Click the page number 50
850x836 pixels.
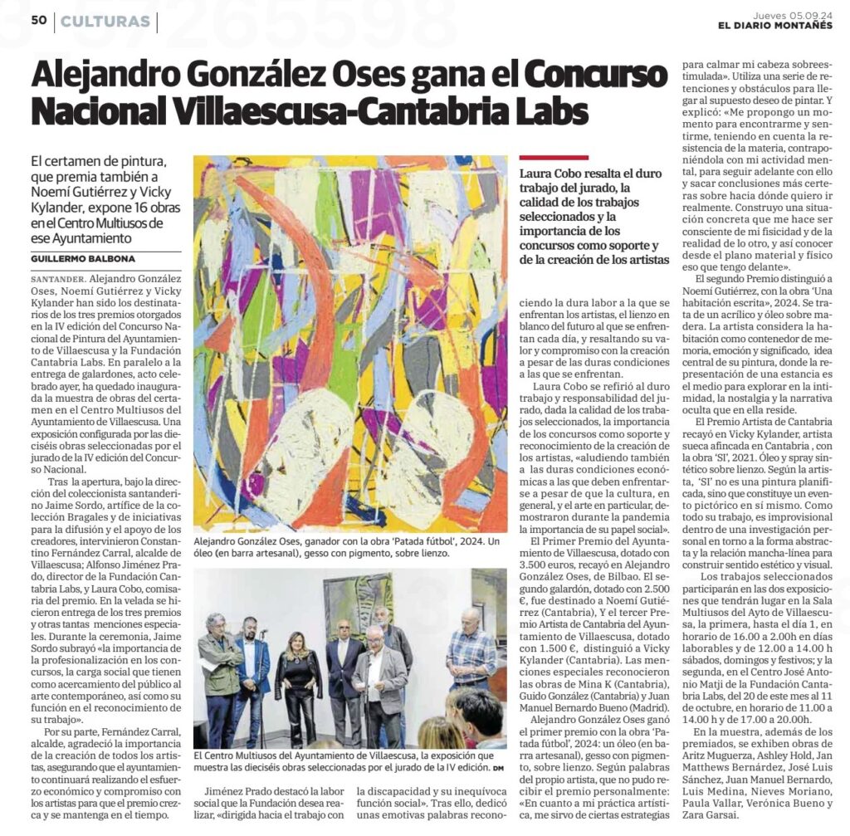(x=38, y=21)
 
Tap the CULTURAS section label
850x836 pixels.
(x=105, y=22)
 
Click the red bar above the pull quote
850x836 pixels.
(x=553, y=156)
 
